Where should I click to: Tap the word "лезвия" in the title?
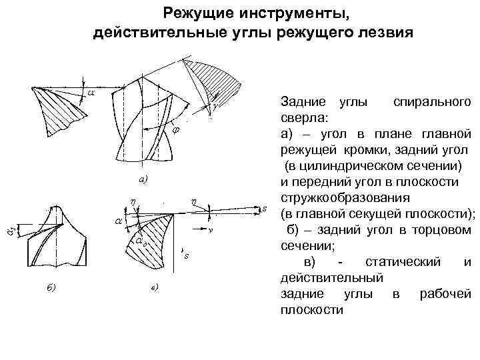(386, 32)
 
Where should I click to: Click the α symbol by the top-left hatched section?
(91, 93)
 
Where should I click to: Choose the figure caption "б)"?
(51, 287)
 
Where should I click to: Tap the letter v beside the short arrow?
(209, 230)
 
